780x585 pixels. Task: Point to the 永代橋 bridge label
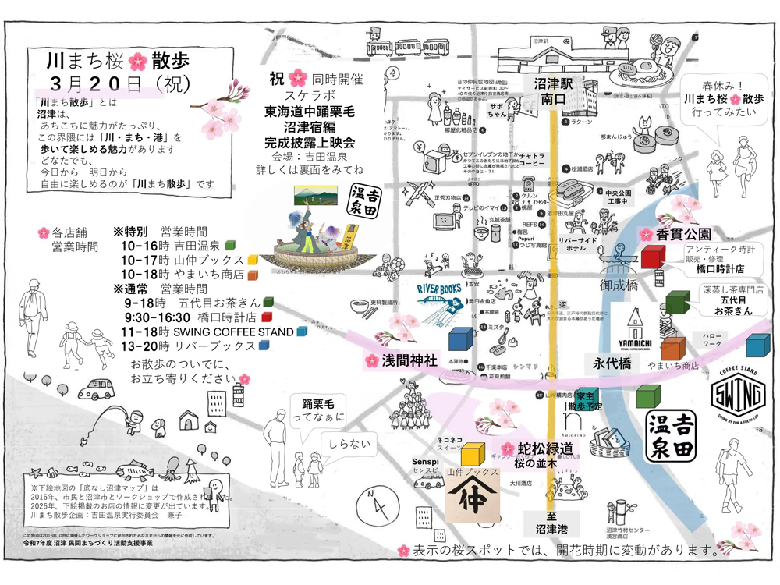(612, 363)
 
